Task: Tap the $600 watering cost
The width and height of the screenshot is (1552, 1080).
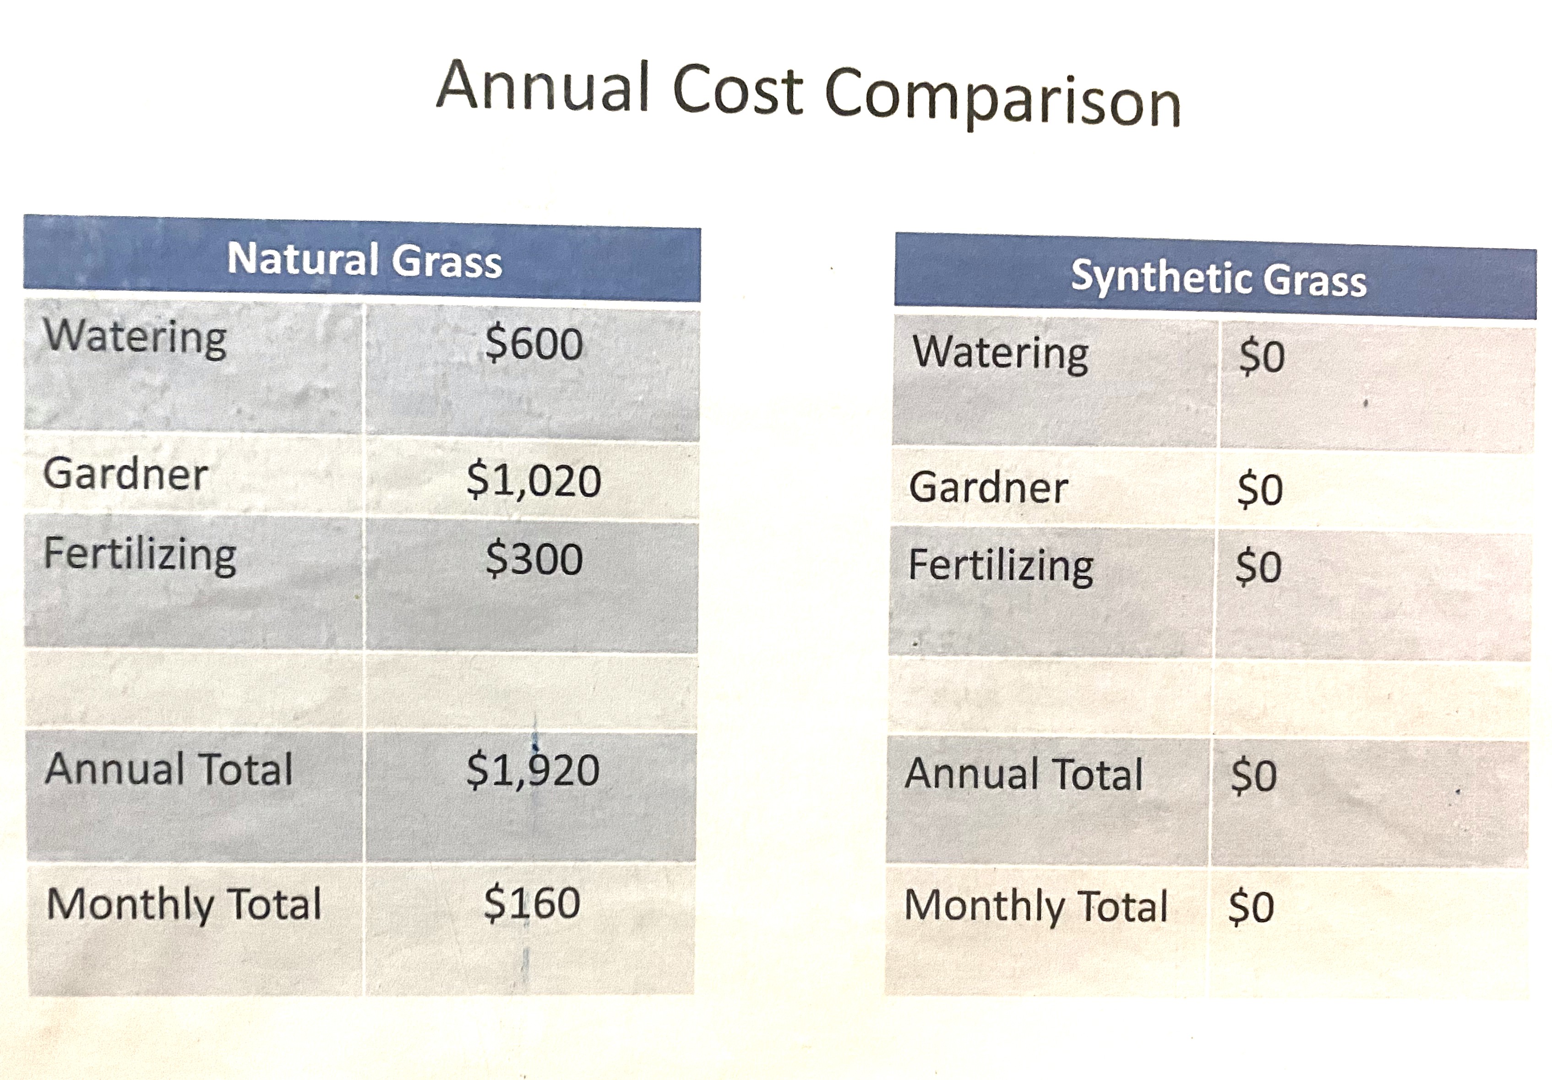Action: tap(534, 344)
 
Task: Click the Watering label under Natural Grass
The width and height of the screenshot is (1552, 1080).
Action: tap(135, 338)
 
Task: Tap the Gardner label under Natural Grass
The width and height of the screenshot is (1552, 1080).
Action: tap(126, 473)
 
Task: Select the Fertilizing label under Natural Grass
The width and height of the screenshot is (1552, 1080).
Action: tap(140, 555)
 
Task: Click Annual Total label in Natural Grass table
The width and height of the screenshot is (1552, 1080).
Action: tap(169, 769)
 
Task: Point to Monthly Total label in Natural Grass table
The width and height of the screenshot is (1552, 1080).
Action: tap(184, 904)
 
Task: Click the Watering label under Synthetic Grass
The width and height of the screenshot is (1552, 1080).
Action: tap(1001, 354)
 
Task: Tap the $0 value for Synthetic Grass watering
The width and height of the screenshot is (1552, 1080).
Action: tap(1261, 356)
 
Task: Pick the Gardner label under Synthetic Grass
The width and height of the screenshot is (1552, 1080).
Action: tap(988, 487)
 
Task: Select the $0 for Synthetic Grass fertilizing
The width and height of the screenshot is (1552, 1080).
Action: tap(1258, 567)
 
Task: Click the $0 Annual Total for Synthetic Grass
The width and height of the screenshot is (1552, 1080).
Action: tap(1254, 775)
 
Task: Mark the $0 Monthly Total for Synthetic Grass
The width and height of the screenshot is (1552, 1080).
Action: tap(1251, 907)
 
